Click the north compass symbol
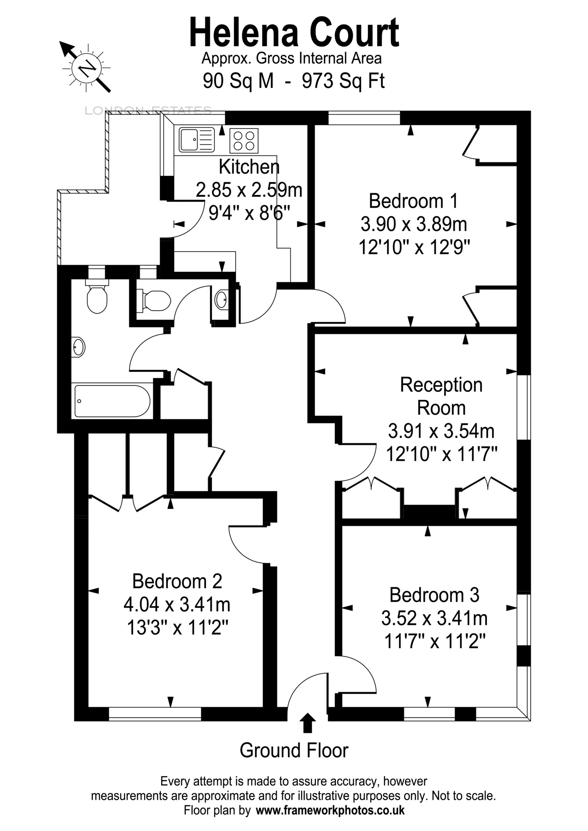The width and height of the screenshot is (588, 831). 87,68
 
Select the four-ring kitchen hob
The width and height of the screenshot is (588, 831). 244,140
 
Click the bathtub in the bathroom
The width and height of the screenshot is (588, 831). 112,401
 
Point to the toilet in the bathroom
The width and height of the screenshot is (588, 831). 97,297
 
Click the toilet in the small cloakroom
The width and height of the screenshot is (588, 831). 156,300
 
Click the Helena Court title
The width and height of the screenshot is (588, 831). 294,33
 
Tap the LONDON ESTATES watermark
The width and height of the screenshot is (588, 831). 148,111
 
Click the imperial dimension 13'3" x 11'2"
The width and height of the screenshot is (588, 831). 177,628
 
